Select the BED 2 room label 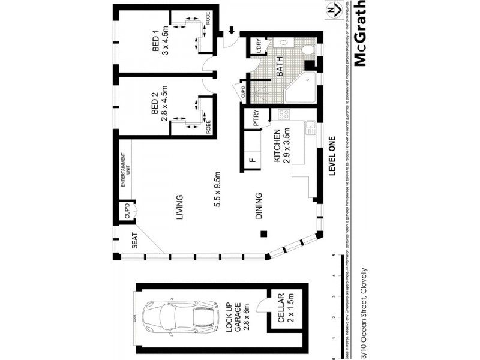tap(154, 103)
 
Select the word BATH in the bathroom tap(279, 70)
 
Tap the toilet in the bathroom tap(308, 50)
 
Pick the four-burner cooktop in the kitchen tap(284, 114)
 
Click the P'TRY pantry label tap(256, 119)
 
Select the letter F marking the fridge tap(251, 160)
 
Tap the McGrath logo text tap(360, 34)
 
